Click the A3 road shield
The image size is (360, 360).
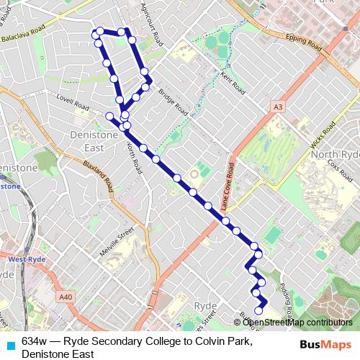[278, 107]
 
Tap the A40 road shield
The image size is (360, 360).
[66, 296]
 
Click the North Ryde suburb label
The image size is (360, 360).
[334, 155]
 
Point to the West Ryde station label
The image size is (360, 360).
[27, 258]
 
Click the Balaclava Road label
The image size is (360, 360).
[23, 33]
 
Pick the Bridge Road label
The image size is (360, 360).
[173, 103]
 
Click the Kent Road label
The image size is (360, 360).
[233, 84]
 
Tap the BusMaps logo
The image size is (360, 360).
[325, 343]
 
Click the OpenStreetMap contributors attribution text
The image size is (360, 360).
[297, 322]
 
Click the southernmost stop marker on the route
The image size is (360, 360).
[258, 310]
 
